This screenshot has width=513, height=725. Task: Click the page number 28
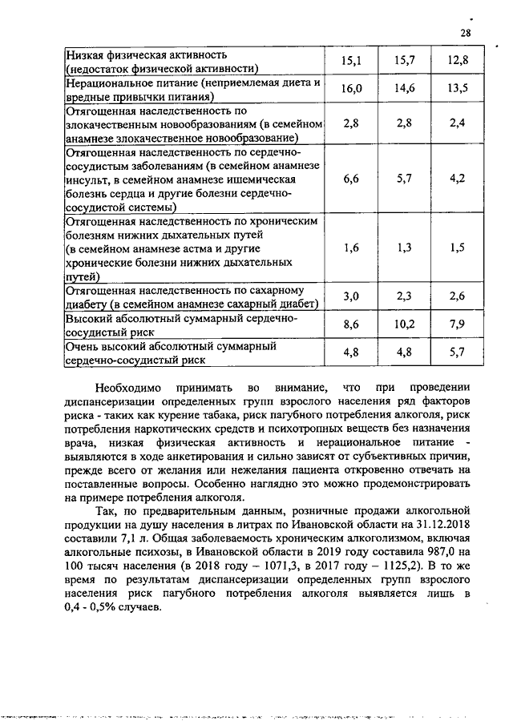[x=466, y=33]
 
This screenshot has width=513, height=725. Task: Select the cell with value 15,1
[x=351, y=61]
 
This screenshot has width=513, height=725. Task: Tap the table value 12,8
[x=458, y=61]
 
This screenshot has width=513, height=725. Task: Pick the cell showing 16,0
[x=351, y=89]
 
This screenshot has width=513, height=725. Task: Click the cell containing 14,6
[x=404, y=89]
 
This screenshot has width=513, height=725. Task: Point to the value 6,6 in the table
[x=351, y=179]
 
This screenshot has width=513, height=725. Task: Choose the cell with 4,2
[x=458, y=179]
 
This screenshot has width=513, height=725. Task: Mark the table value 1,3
[x=404, y=248]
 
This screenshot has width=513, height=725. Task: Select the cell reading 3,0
[x=351, y=296]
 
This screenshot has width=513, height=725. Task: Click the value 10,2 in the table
[x=404, y=324]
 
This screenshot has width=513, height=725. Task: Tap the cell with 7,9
[x=458, y=324]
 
